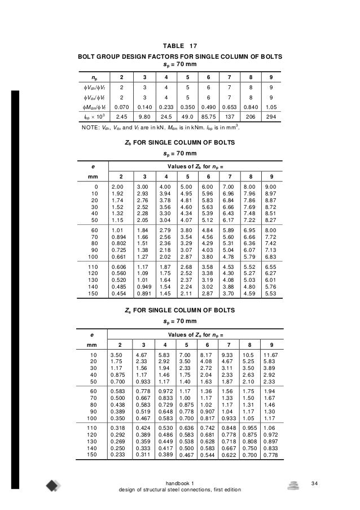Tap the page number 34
pyautogui.click(x=332, y=483)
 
